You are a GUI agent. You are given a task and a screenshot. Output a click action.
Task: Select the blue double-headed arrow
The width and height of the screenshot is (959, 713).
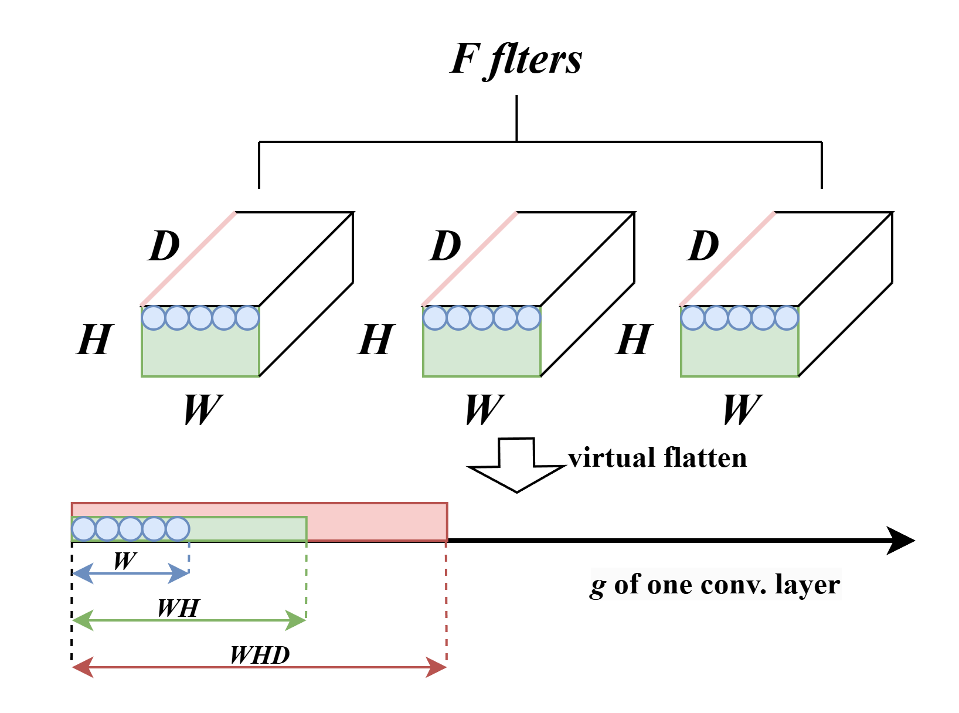(x=130, y=573)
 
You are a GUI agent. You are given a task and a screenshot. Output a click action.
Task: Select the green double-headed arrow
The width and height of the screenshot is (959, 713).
(x=189, y=620)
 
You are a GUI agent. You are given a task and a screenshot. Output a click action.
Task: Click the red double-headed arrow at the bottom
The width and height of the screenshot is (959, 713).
(x=259, y=667)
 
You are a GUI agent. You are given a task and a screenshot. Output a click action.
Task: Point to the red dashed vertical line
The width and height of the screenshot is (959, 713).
(x=446, y=604)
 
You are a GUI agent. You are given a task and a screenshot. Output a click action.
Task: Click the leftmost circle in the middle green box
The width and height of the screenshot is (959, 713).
(x=435, y=318)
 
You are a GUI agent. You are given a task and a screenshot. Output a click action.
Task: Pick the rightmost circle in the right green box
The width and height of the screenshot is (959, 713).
(x=787, y=318)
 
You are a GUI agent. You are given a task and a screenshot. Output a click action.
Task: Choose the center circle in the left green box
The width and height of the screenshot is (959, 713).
(x=200, y=318)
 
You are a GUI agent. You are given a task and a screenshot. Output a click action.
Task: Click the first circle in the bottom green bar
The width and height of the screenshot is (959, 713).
(x=84, y=529)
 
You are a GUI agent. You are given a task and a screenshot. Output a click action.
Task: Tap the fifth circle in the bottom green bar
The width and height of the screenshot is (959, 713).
(x=178, y=529)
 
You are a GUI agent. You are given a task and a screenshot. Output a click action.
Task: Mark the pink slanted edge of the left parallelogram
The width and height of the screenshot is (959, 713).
(x=188, y=259)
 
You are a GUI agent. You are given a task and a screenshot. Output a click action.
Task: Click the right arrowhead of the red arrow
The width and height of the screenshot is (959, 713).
(x=437, y=667)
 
